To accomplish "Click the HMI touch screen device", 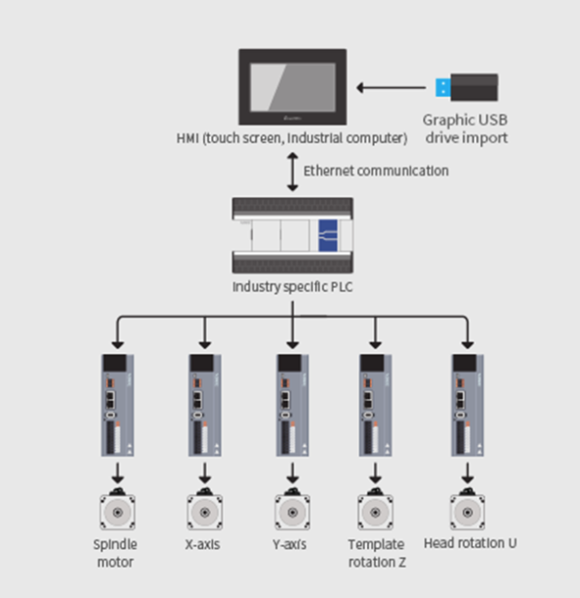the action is pos(293,87).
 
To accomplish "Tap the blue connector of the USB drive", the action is pos(443,88).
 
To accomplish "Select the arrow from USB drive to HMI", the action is pos(391,88).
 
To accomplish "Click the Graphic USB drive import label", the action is pos(466,129).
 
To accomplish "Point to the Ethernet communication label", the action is pos(376,171).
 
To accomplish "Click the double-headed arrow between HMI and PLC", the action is pos(293,172).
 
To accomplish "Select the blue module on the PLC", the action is pos(328,235).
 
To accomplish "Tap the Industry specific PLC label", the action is pos(293,287).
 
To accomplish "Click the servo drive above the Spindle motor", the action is pos(117,405).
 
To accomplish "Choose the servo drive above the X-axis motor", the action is pos(205,405).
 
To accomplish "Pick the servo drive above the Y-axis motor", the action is pos(293,405).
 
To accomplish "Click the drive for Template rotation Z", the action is pos(375,405).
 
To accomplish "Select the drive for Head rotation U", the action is pos(468,405).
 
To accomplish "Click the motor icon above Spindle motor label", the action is pos(117,509).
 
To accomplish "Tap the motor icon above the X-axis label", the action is pos(205,509).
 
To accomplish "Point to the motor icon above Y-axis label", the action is pos(293,509).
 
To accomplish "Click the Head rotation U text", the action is pos(470,543).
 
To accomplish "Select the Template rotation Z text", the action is pos(377,553).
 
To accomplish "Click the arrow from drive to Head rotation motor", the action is pos(468,473).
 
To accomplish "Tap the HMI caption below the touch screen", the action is pos(292,139).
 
